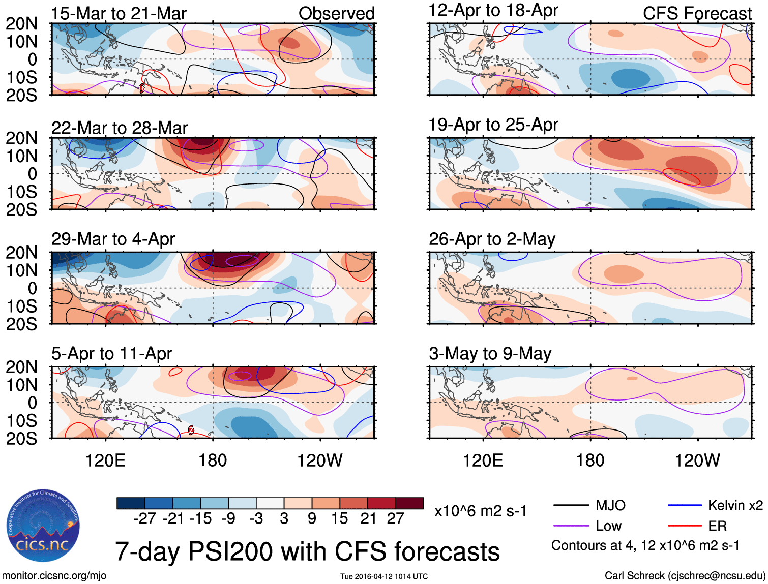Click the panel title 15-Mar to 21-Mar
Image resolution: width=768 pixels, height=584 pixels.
[119, 14]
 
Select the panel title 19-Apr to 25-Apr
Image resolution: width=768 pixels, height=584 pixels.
[493, 125]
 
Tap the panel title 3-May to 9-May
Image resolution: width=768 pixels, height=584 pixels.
[490, 353]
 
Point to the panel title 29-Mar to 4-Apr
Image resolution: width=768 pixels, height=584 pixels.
[113, 239]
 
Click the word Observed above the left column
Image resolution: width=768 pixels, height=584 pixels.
[336, 14]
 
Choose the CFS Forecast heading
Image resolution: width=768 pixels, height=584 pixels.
[697, 14]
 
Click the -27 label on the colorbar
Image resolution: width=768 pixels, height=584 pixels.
[144, 518]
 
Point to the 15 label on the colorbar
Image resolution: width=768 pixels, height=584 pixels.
[339, 518]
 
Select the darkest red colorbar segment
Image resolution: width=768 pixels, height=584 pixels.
[409, 503]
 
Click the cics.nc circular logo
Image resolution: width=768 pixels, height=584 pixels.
[43, 526]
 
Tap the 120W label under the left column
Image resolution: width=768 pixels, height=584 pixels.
[319, 460]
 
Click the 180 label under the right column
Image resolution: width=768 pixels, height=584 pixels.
[590, 460]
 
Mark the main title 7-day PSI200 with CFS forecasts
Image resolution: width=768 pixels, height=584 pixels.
[307, 551]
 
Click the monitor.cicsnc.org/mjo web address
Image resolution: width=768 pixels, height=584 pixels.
[54, 575]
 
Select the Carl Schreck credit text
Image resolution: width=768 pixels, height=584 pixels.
[685, 575]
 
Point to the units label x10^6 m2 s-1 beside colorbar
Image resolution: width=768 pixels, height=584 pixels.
[480, 511]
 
